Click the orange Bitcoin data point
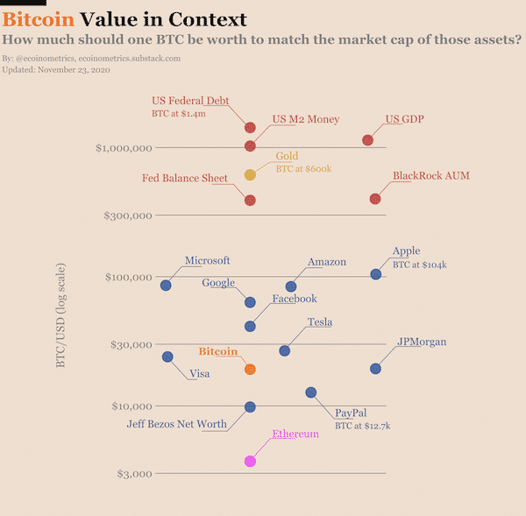(250, 369)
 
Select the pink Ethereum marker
(250, 462)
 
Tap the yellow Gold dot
(250, 174)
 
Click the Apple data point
(376, 274)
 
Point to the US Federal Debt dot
(250, 127)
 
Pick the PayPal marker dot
(311, 392)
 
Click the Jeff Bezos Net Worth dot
(250, 407)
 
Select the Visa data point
(167, 357)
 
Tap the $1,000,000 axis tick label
(124, 148)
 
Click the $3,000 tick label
(134, 474)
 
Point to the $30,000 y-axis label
(131, 344)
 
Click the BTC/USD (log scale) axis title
(60, 315)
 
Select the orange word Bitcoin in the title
(39, 19)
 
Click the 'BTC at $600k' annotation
(303, 169)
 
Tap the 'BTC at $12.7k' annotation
(363, 426)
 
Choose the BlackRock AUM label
(431, 175)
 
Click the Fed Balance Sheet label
(184, 178)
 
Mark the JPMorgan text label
(422, 342)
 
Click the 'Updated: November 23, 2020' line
(56, 70)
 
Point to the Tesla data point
(284, 350)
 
